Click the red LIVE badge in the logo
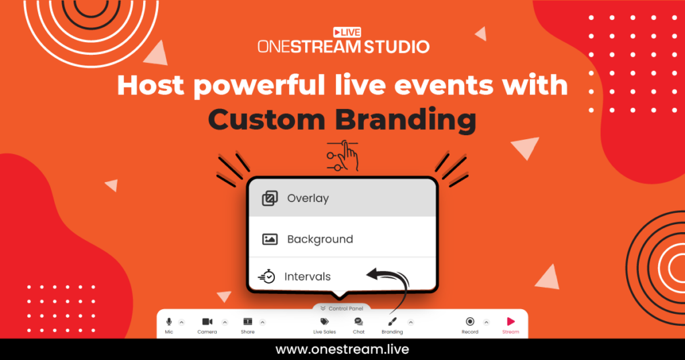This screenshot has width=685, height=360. [x=347, y=32]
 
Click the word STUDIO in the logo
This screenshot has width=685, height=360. [x=395, y=46]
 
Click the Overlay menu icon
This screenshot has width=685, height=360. [x=270, y=198]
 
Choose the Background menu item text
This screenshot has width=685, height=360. [x=320, y=239]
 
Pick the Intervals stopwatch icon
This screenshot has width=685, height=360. [x=267, y=276]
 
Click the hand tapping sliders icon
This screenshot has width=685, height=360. [x=342, y=156]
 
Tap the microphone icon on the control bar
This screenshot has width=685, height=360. [x=169, y=322]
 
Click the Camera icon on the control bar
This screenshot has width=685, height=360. [x=207, y=322]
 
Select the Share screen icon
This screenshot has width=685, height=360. [x=248, y=322]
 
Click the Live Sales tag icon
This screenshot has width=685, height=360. [x=324, y=322]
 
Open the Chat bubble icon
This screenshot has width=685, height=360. [x=359, y=322]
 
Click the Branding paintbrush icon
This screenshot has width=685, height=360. [x=392, y=322]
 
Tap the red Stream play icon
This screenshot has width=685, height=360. [x=510, y=322]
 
